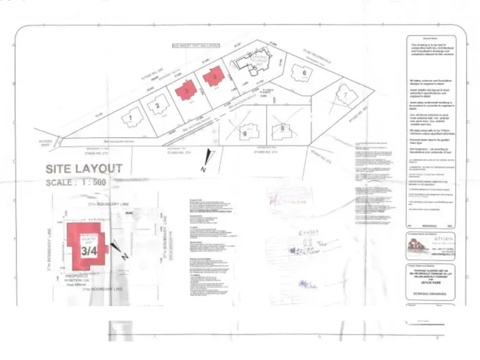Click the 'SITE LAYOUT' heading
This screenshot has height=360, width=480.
(84, 169)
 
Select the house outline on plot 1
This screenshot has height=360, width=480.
(130, 119)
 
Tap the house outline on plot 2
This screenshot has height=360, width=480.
(157, 106)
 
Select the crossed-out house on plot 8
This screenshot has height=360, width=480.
(280, 128)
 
